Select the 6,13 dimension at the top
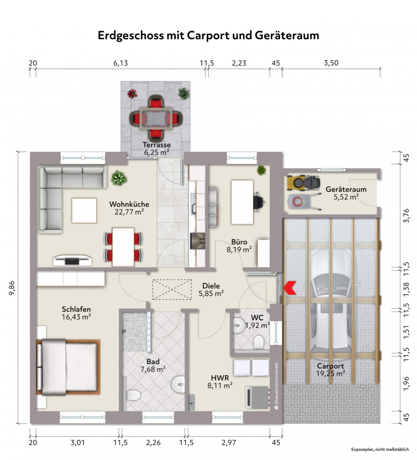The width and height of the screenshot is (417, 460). (120, 63)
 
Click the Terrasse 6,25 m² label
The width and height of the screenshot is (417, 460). (157, 149)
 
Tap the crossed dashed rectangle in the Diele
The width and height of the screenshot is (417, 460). (172, 289)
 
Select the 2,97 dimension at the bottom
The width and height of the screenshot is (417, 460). (229, 443)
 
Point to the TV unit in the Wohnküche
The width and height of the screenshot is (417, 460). (72, 260)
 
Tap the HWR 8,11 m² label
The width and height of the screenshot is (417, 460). (220, 382)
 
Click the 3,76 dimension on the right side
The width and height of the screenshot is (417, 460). (406, 216)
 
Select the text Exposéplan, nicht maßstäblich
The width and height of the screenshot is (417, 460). (380, 449)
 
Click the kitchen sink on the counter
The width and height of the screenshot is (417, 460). (193, 208)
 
